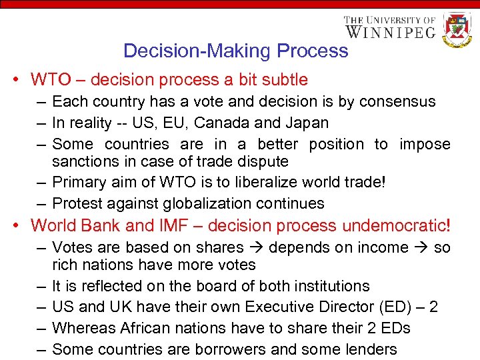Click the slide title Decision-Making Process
[x=235, y=51]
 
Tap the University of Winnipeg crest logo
[x=457, y=29]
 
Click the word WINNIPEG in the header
[x=390, y=31]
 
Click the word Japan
[x=306, y=123]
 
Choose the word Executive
[x=279, y=307]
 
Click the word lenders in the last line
[x=371, y=349]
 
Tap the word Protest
[x=77, y=203]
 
